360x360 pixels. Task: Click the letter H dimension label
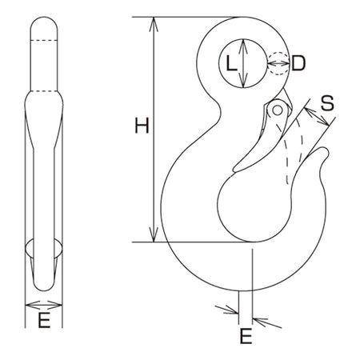pyautogui.click(x=142, y=126)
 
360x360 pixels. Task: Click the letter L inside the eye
pyautogui.click(x=231, y=63)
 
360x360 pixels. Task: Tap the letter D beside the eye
pyautogui.click(x=298, y=63)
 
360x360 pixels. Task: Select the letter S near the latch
pyautogui.click(x=327, y=103)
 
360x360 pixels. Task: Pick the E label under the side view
pyautogui.click(x=44, y=320)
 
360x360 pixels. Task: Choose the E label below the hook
pyautogui.click(x=246, y=336)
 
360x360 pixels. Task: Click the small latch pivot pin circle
pyautogui.click(x=278, y=110)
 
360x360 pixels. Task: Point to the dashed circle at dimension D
pyautogui.click(x=278, y=63)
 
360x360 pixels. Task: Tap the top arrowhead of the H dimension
pyautogui.click(x=154, y=24)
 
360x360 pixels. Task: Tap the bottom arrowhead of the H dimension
pyautogui.click(x=154, y=235)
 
